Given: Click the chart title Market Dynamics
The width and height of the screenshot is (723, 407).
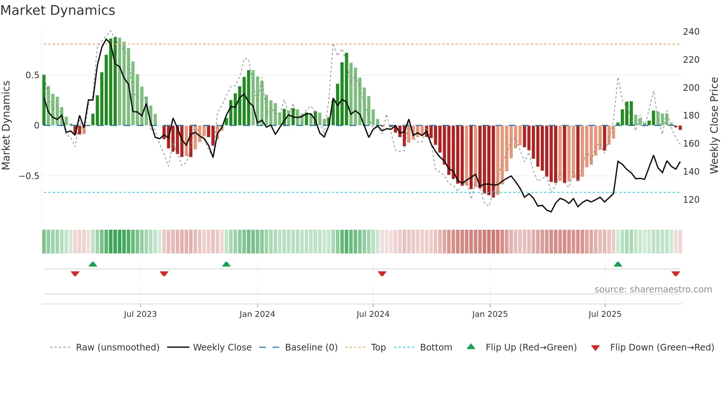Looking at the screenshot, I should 58,10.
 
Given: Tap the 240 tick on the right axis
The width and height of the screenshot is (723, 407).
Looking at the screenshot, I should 691,32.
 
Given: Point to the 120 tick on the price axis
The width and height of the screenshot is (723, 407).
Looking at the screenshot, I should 691,200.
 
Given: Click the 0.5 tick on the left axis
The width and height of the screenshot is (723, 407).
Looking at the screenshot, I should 32,75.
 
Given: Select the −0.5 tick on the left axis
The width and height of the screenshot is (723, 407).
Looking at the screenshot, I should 29,176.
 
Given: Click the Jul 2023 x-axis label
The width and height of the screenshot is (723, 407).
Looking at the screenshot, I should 140,314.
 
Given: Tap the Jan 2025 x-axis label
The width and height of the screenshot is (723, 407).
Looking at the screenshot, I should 490,314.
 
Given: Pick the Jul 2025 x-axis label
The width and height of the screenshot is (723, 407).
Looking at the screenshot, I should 605,314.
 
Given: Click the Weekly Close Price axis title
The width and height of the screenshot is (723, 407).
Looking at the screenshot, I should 714,126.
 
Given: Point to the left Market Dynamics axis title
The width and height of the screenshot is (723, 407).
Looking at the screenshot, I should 6,126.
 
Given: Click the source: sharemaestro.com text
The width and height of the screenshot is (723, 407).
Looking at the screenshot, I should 653,290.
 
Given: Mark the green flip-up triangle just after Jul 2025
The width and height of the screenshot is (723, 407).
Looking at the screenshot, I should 618,264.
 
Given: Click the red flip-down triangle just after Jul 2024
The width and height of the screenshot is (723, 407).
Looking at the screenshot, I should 382,273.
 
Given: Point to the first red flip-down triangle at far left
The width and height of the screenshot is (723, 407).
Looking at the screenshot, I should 75,273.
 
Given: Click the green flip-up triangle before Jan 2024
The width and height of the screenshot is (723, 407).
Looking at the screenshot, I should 226,264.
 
